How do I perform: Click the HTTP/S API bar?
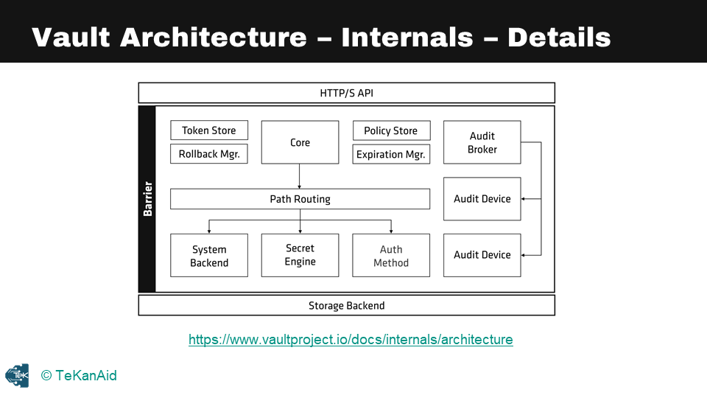346,93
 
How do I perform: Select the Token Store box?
209,130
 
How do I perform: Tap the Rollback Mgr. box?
209,154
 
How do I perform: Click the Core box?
300,142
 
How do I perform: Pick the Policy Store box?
390,130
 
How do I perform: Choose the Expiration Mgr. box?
390,154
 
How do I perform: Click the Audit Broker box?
482,142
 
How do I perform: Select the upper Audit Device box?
482,198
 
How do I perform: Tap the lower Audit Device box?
482,255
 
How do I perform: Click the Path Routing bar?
300,199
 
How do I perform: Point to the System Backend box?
209,256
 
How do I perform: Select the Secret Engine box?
300,255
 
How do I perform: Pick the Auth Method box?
390,256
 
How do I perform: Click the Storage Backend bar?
346,305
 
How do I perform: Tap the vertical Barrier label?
147,199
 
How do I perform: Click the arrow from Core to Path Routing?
300,177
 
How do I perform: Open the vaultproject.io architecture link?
351,340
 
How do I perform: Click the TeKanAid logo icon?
17,375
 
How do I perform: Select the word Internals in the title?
407,37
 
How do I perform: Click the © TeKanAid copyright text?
79,376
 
